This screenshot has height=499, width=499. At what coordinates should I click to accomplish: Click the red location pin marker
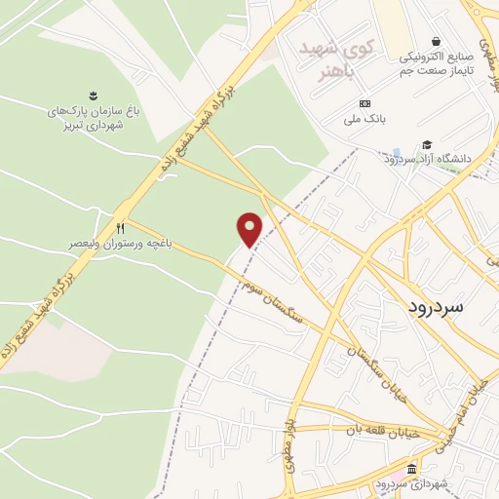(250, 229)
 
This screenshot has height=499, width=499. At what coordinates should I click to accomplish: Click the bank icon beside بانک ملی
(365, 103)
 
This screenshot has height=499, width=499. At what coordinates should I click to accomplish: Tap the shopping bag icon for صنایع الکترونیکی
(434, 42)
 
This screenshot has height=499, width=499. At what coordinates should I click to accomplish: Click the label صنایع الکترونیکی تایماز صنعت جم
(434, 64)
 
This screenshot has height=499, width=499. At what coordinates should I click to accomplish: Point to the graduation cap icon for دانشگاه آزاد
(427, 144)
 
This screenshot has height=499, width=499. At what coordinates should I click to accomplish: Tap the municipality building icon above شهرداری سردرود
(412, 469)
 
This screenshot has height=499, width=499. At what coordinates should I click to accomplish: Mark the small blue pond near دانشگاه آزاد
(396, 154)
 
